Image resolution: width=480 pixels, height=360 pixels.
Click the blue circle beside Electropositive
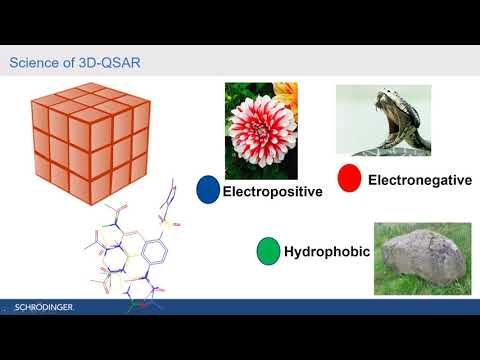coord(208,189)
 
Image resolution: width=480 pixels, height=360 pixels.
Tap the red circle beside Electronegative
coord(349,179)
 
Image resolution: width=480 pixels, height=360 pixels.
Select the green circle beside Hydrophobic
coord(268,251)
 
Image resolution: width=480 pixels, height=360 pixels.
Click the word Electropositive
coord(273,191)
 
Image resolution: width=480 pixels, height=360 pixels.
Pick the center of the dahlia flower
coord(257,129)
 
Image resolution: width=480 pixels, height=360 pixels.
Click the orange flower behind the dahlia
coord(291,96)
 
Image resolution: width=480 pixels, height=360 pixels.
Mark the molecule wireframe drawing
coord(130,250)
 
